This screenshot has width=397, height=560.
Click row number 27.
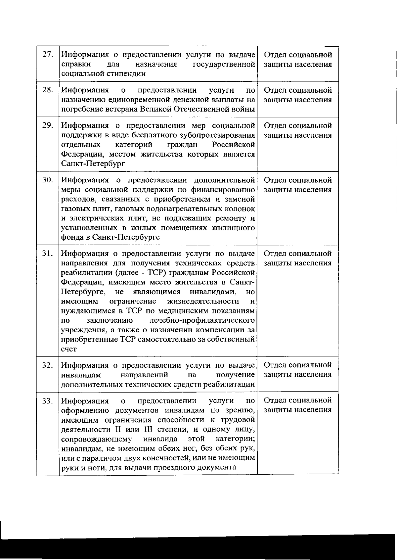pos(48,55)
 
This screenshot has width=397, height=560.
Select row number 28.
pos(48,90)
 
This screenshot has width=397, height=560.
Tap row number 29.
pos(48,125)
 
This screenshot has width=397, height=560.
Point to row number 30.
pos(48,180)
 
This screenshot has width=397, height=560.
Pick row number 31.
pos(48,253)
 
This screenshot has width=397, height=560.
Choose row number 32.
pos(48,365)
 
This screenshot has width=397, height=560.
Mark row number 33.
pos(48,401)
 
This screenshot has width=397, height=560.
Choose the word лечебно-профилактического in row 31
pos(202,320)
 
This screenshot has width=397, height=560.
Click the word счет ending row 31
pos(69,349)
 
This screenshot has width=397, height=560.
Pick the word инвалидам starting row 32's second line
pos(81,375)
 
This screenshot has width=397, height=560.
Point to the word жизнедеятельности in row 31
pos(203,301)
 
